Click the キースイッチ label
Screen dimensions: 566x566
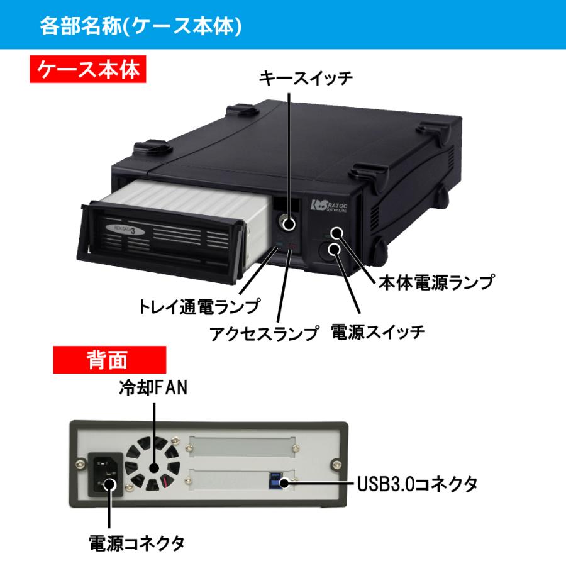coord(306,79)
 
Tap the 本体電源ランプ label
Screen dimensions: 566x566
coord(435,282)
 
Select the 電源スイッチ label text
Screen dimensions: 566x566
coord(378,331)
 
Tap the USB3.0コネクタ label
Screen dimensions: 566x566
coord(418,484)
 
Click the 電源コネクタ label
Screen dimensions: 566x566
coord(136,542)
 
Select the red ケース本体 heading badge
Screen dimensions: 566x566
coord(88,70)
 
